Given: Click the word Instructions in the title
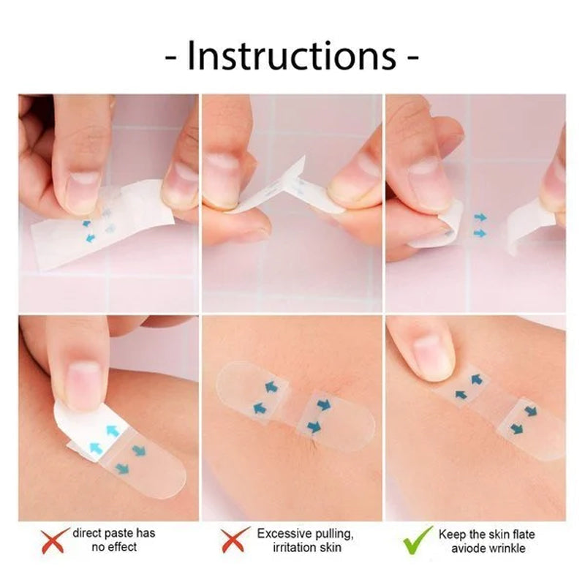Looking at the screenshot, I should (292, 56).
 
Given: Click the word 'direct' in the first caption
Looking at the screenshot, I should (87, 534).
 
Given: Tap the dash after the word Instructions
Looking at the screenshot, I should (412, 58).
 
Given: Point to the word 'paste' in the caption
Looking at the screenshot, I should (121, 534).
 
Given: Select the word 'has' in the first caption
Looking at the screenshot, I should (148, 534).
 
